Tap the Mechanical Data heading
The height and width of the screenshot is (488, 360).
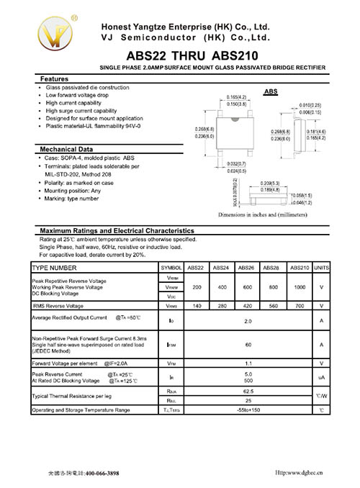pyautogui.click(x=66, y=149)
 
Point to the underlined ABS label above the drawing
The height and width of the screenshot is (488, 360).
pyautogui.click(x=271, y=92)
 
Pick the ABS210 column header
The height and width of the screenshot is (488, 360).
pyautogui.click(x=300, y=267)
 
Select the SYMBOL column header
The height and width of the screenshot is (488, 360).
pyautogui.click(x=172, y=267)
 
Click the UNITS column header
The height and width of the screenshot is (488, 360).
pyautogui.click(x=322, y=267)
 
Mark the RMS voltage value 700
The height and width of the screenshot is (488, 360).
pyautogui.click(x=300, y=306)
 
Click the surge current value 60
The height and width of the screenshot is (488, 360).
pyautogui.click(x=248, y=344)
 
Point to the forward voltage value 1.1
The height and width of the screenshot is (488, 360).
pyautogui.click(x=248, y=363)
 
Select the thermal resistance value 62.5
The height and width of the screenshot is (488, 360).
pyautogui.click(x=248, y=391)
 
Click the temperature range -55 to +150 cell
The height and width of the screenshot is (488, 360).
pyautogui.click(x=248, y=410)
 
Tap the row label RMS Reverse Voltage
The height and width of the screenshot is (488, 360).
pyautogui.click(x=57, y=306)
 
